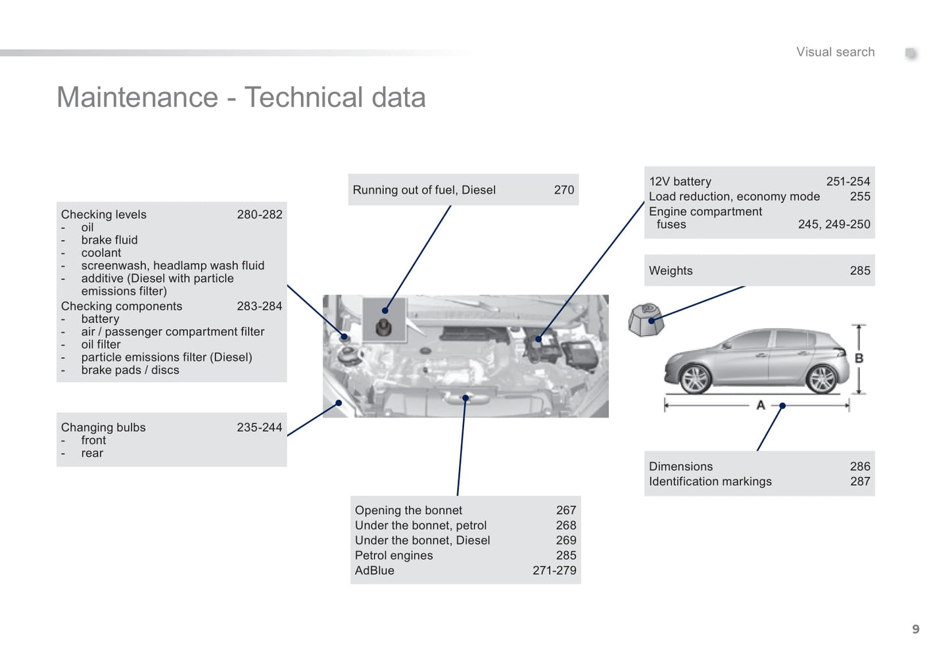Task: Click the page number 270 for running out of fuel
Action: (563, 190)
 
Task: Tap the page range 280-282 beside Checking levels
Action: (259, 214)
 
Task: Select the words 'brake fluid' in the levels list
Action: (109, 240)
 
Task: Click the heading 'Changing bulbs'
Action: (103, 427)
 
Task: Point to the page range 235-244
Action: (259, 427)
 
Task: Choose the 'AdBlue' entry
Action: (375, 571)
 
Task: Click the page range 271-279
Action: (554, 571)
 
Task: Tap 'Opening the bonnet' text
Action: (408, 510)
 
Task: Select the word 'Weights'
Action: (671, 271)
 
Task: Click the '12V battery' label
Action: (680, 181)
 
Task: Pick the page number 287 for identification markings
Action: (860, 481)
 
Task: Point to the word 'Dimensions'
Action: (680, 466)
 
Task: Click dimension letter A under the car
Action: (761, 405)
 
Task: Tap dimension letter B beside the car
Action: (859, 358)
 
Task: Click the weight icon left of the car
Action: (646, 320)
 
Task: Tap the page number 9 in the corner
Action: (915, 629)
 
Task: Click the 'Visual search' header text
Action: (835, 52)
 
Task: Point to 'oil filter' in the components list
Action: (101, 345)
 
